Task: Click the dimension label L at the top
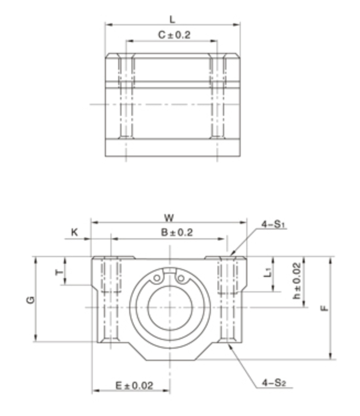[x=173, y=19]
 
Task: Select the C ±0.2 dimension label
[x=174, y=35]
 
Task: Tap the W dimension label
[x=169, y=218]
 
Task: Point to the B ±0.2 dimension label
[x=177, y=232]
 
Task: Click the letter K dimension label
[x=75, y=232]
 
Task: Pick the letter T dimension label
[x=60, y=272]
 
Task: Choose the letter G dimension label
[x=30, y=300]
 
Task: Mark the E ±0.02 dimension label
[x=134, y=385]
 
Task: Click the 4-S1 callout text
[x=273, y=225]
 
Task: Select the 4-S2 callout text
[x=274, y=382]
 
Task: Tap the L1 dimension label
[x=268, y=272]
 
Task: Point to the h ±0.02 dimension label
[x=297, y=281]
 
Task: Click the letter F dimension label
[x=325, y=308]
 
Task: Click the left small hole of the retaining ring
[x=157, y=278]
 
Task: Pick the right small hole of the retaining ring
[x=181, y=278]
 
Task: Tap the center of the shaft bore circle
[x=170, y=307]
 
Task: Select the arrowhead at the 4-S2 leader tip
[x=229, y=345]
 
